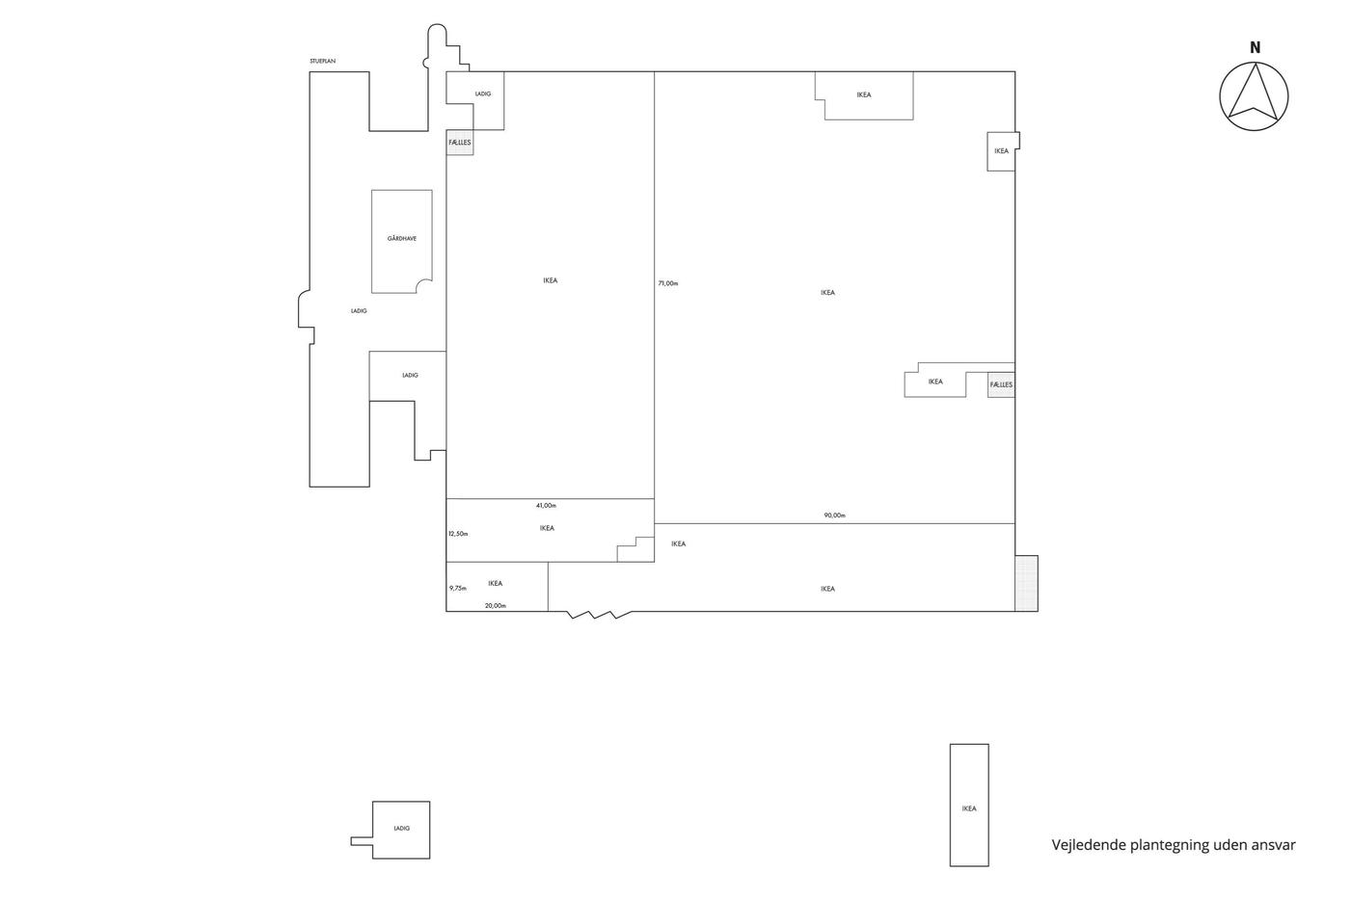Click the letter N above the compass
click(x=1255, y=47)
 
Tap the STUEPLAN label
click(x=322, y=61)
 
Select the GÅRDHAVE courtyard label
click(x=402, y=238)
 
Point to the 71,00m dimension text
click(x=668, y=283)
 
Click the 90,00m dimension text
click(x=835, y=516)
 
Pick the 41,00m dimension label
click(x=546, y=505)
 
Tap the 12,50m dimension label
click(x=458, y=534)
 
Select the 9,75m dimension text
click(x=457, y=589)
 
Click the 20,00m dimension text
click(x=496, y=606)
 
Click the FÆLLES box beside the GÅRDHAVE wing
click(x=460, y=143)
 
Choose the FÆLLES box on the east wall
click(x=1001, y=384)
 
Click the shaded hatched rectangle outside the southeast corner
click(x=1026, y=584)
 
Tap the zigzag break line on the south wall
click(x=599, y=615)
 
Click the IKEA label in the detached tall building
click(x=969, y=808)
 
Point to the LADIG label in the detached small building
click(x=401, y=829)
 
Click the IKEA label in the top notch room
click(x=864, y=94)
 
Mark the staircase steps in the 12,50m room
click(x=635, y=549)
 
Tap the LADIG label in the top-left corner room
click(x=483, y=93)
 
